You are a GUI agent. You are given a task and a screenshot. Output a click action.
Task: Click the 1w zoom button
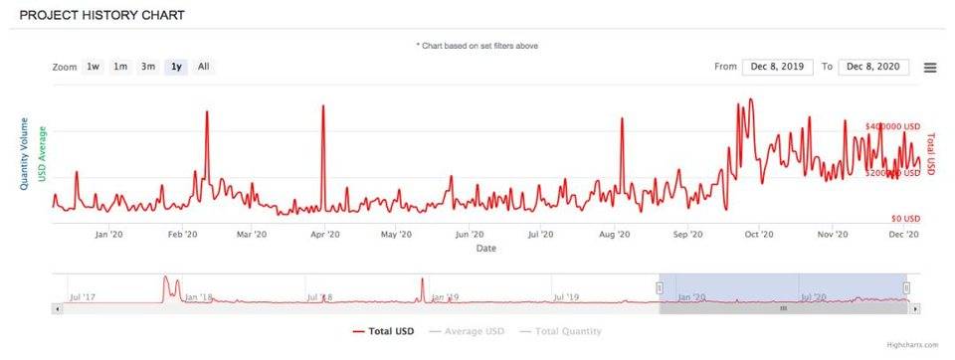93,67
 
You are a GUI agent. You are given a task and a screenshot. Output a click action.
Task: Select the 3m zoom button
147,67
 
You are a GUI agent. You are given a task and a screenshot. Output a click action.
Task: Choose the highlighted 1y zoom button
176,67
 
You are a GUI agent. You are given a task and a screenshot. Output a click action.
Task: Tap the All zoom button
203,67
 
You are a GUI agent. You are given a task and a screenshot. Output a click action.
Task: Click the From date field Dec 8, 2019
776,67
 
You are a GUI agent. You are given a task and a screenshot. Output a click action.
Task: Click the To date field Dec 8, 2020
874,67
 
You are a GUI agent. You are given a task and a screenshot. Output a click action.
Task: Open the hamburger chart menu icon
930,68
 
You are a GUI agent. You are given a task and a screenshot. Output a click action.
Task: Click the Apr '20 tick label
326,235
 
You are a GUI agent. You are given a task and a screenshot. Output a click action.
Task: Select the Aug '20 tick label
616,235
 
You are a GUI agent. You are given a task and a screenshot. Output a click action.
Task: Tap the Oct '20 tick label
759,235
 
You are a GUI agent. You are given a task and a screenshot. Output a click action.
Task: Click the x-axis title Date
485,249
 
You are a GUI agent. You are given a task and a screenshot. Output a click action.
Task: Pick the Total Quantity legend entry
563,330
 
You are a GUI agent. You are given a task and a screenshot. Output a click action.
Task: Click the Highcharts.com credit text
912,345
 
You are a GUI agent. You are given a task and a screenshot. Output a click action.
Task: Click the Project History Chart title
101,17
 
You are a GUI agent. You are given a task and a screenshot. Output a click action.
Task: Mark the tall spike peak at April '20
323,105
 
